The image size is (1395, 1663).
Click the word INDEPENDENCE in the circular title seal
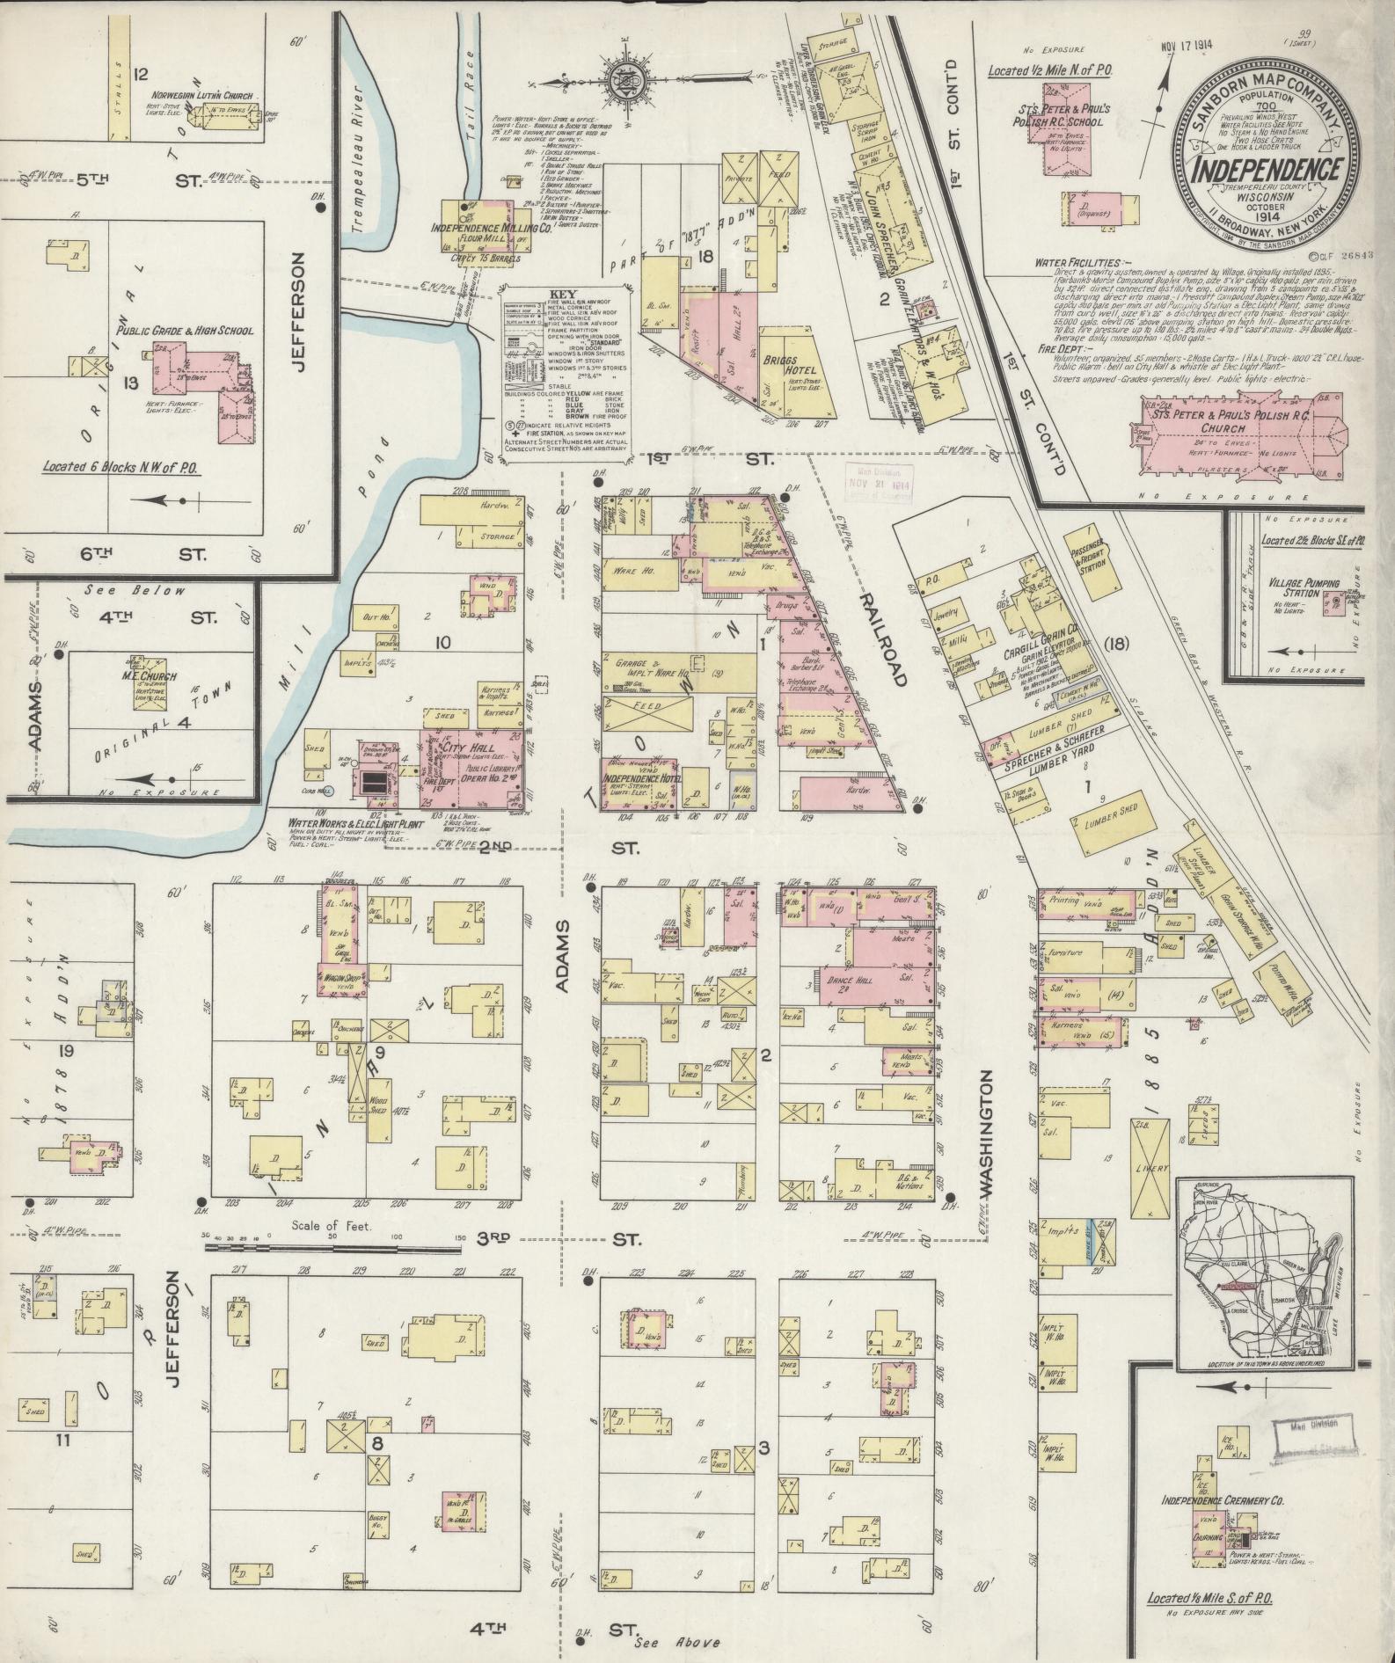[1266, 169]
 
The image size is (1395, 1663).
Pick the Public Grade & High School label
[185, 331]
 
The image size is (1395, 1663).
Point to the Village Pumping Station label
[1304, 587]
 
